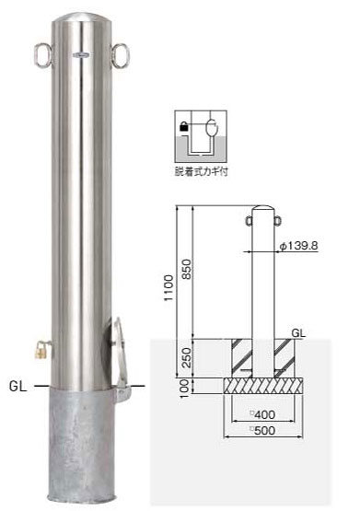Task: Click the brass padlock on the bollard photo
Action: click(41, 351)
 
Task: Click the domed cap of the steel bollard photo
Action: click(84, 17)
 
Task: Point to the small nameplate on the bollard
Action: click(83, 55)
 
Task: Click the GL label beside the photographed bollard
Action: click(17, 387)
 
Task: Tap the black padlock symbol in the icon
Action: click(184, 126)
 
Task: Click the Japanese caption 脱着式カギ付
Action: click(201, 171)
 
